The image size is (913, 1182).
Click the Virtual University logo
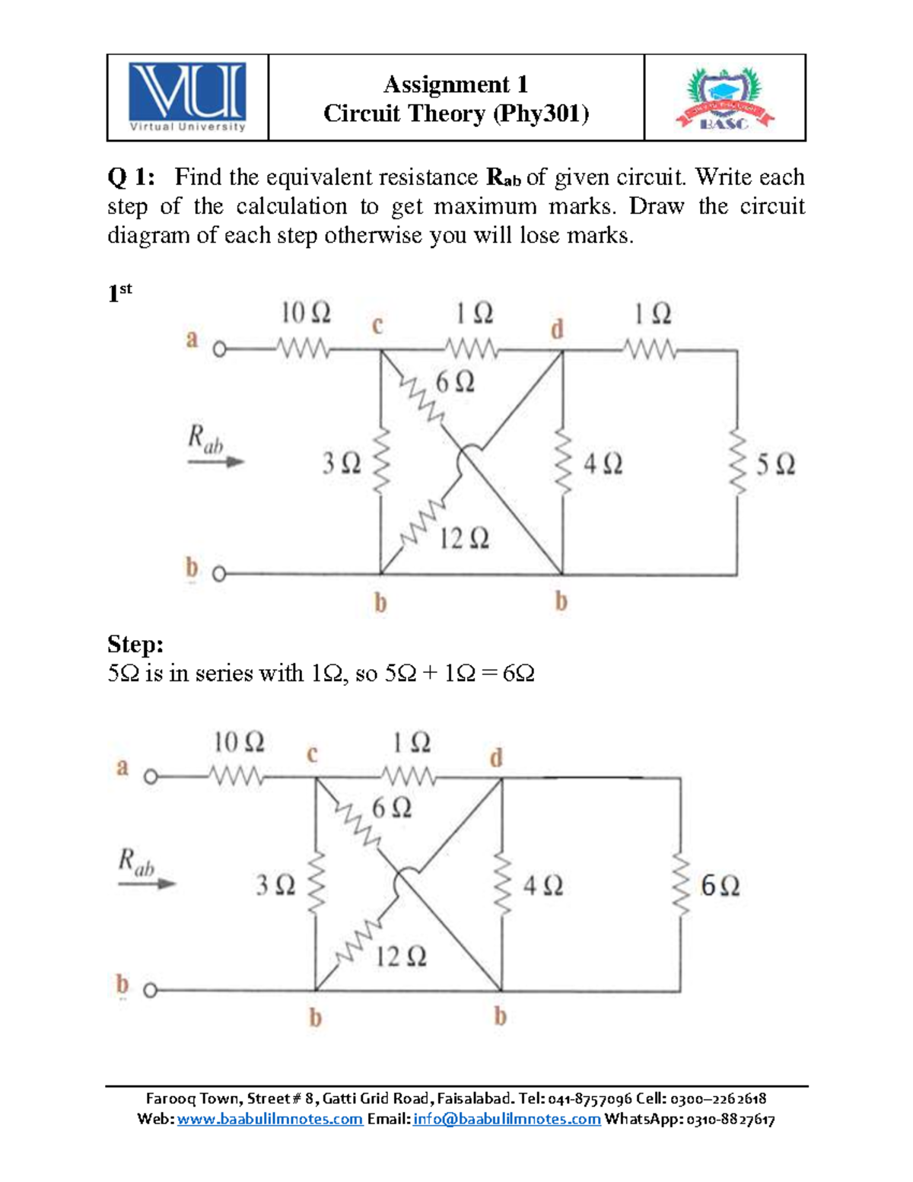pyautogui.click(x=187, y=97)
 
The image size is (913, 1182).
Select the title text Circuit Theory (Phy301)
pyautogui.click(x=456, y=113)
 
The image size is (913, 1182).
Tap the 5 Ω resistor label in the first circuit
pyautogui.click(x=775, y=464)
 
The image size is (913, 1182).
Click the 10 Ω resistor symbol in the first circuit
pyautogui.click(x=303, y=350)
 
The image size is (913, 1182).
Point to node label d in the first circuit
pyautogui.click(x=557, y=330)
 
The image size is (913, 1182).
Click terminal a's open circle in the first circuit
pyautogui.click(x=219, y=350)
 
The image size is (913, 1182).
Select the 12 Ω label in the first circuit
pyautogui.click(x=464, y=539)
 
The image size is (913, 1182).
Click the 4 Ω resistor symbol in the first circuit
pyautogui.click(x=562, y=463)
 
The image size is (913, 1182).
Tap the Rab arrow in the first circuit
pyautogui.click(x=216, y=461)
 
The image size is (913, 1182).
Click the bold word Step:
pyautogui.click(x=135, y=645)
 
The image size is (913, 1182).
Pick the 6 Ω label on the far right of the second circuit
pyautogui.click(x=719, y=886)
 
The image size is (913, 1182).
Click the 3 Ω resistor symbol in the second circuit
pyautogui.click(x=315, y=884)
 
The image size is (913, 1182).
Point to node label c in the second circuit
pyautogui.click(x=311, y=754)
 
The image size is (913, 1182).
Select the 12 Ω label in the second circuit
pyautogui.click(x=401, y=956)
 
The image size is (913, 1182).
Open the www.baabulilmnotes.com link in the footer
pyautogui.click(x=269, y=1119)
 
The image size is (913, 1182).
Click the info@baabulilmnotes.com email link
pyautogui.click(x=507, y=1119)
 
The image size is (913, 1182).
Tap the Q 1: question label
pyautogui.click(x=131, y=177)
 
